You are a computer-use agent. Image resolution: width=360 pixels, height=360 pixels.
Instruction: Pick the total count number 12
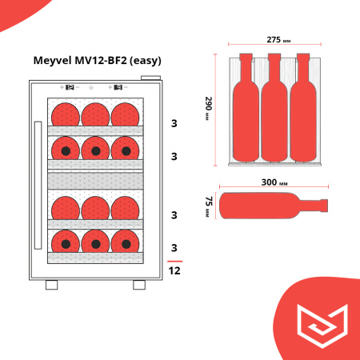click(174, 271)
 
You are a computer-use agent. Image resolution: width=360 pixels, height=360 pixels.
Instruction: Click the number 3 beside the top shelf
click(174, 124)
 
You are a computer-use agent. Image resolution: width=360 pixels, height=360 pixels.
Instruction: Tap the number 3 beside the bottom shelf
click(174, 247)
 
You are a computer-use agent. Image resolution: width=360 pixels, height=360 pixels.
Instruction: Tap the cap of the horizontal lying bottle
click(326, 204)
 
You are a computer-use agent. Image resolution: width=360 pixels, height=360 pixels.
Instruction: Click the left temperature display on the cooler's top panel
click(69, 87)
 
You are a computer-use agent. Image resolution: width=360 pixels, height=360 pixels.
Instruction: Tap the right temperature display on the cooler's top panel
click(118, 87)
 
